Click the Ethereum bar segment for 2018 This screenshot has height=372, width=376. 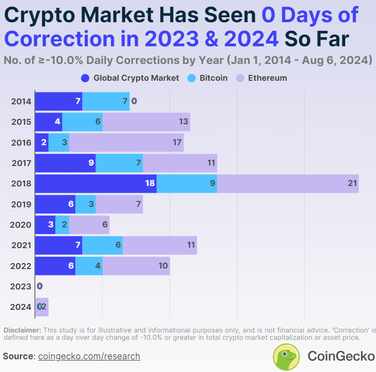287,183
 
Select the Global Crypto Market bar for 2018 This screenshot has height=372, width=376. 95,183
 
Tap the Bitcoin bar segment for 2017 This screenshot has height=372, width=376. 119,163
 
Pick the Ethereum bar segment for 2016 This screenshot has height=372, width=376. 126,142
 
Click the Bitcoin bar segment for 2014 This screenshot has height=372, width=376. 105,101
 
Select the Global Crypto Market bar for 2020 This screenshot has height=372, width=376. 45,225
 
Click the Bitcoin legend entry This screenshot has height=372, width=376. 208,78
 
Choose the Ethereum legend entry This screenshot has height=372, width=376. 262,78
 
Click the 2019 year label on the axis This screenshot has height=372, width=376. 21,204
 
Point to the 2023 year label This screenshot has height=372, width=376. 21,286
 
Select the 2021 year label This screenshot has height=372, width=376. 21,245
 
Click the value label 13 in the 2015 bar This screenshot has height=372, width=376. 183,122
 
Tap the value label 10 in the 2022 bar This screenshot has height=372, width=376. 163,266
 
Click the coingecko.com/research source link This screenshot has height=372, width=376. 89,356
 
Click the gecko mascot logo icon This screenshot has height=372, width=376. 286,356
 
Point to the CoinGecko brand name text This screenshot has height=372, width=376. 341,356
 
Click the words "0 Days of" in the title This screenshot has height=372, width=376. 310,15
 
